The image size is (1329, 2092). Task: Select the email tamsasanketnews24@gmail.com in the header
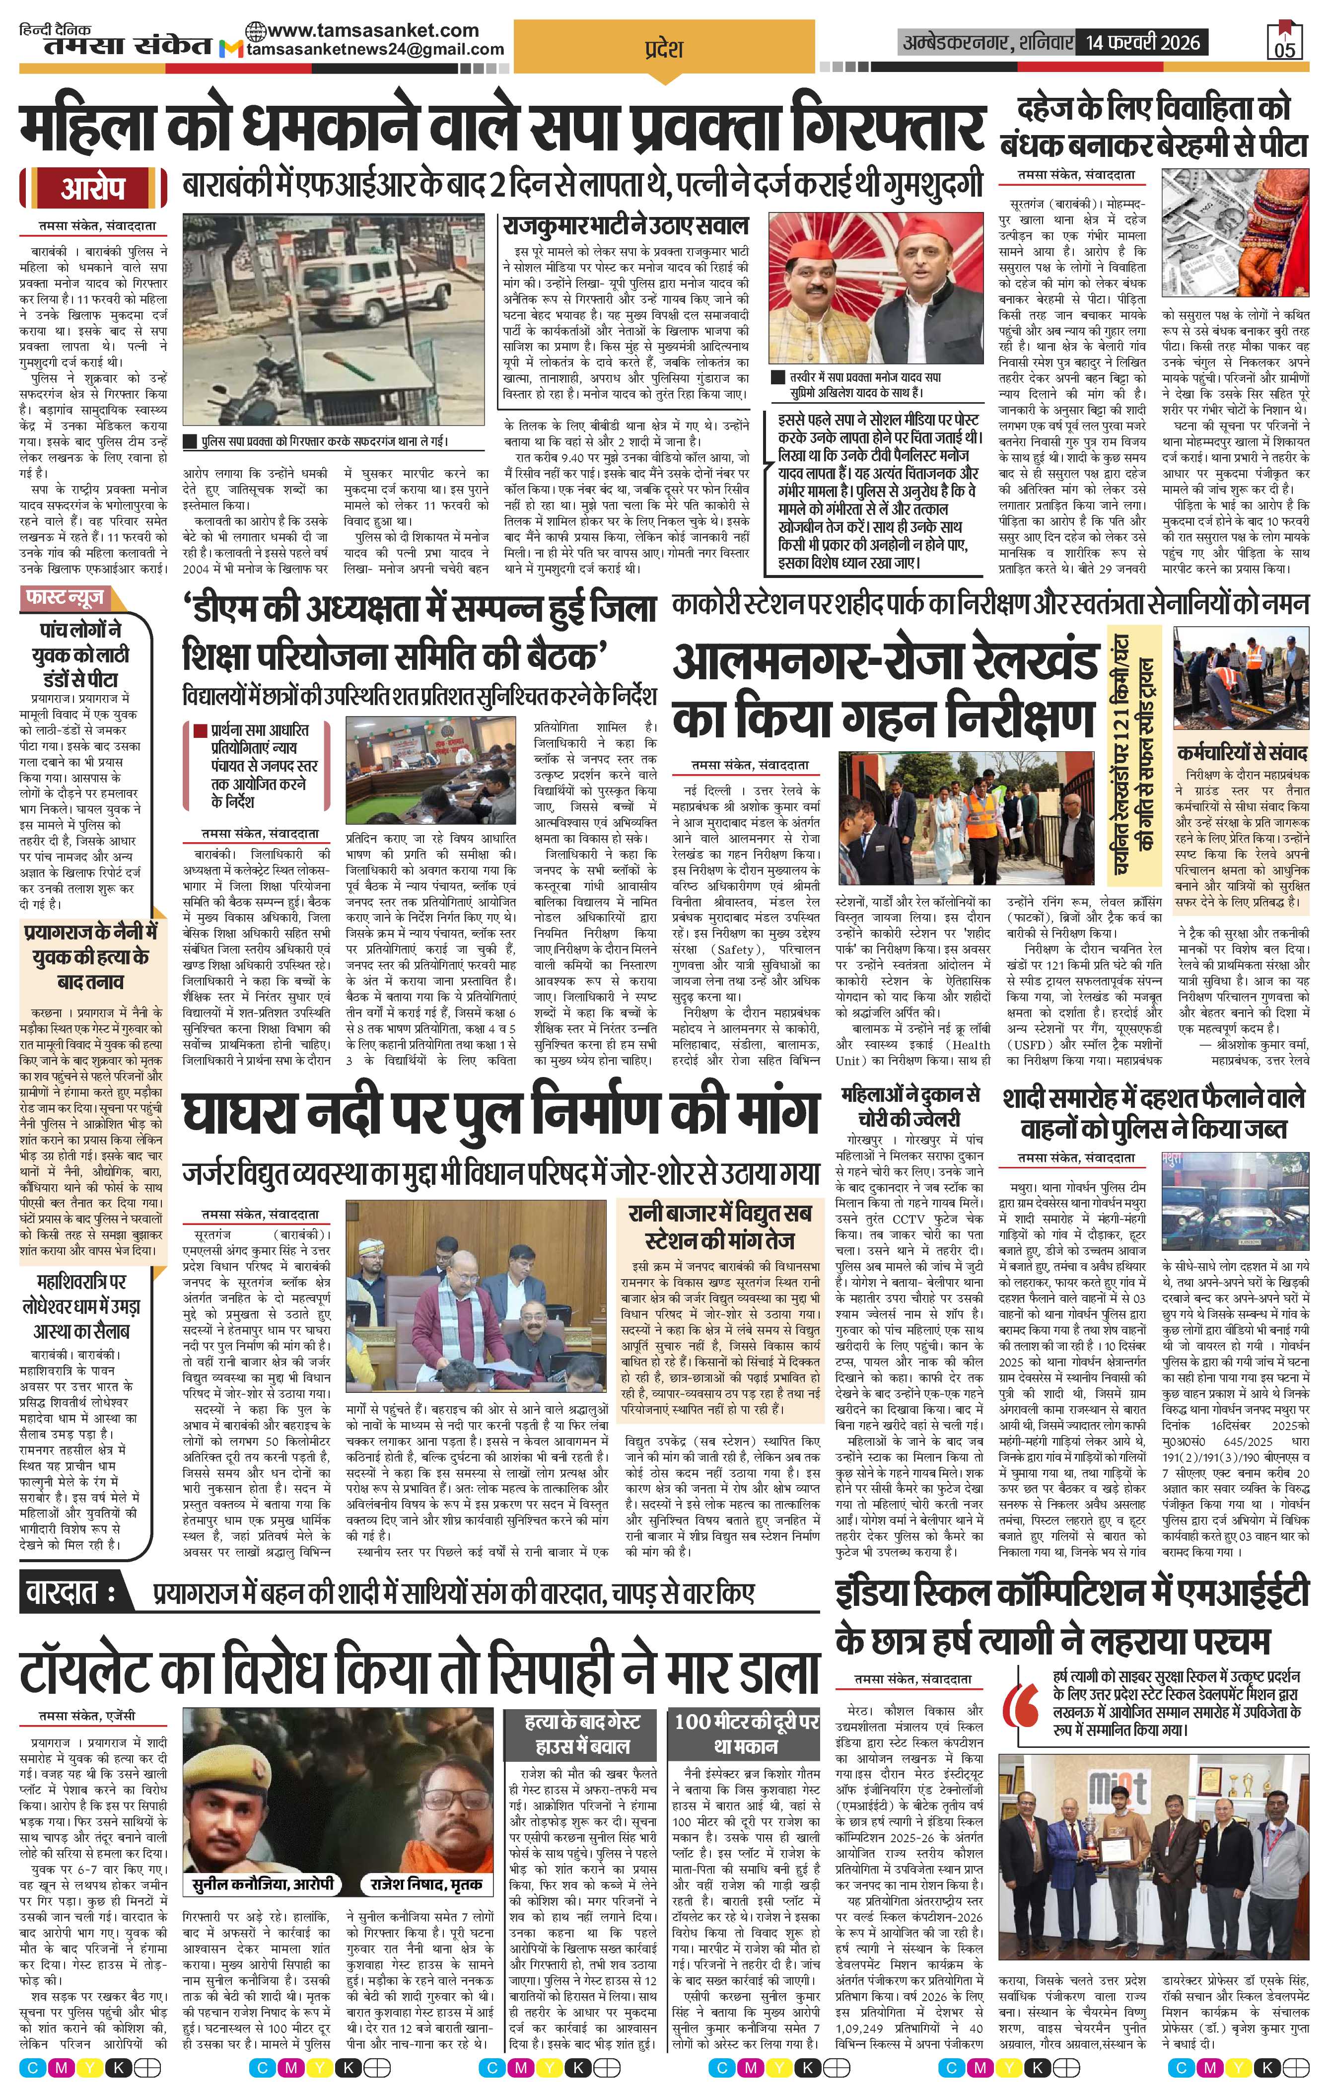[x=373, y=50]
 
